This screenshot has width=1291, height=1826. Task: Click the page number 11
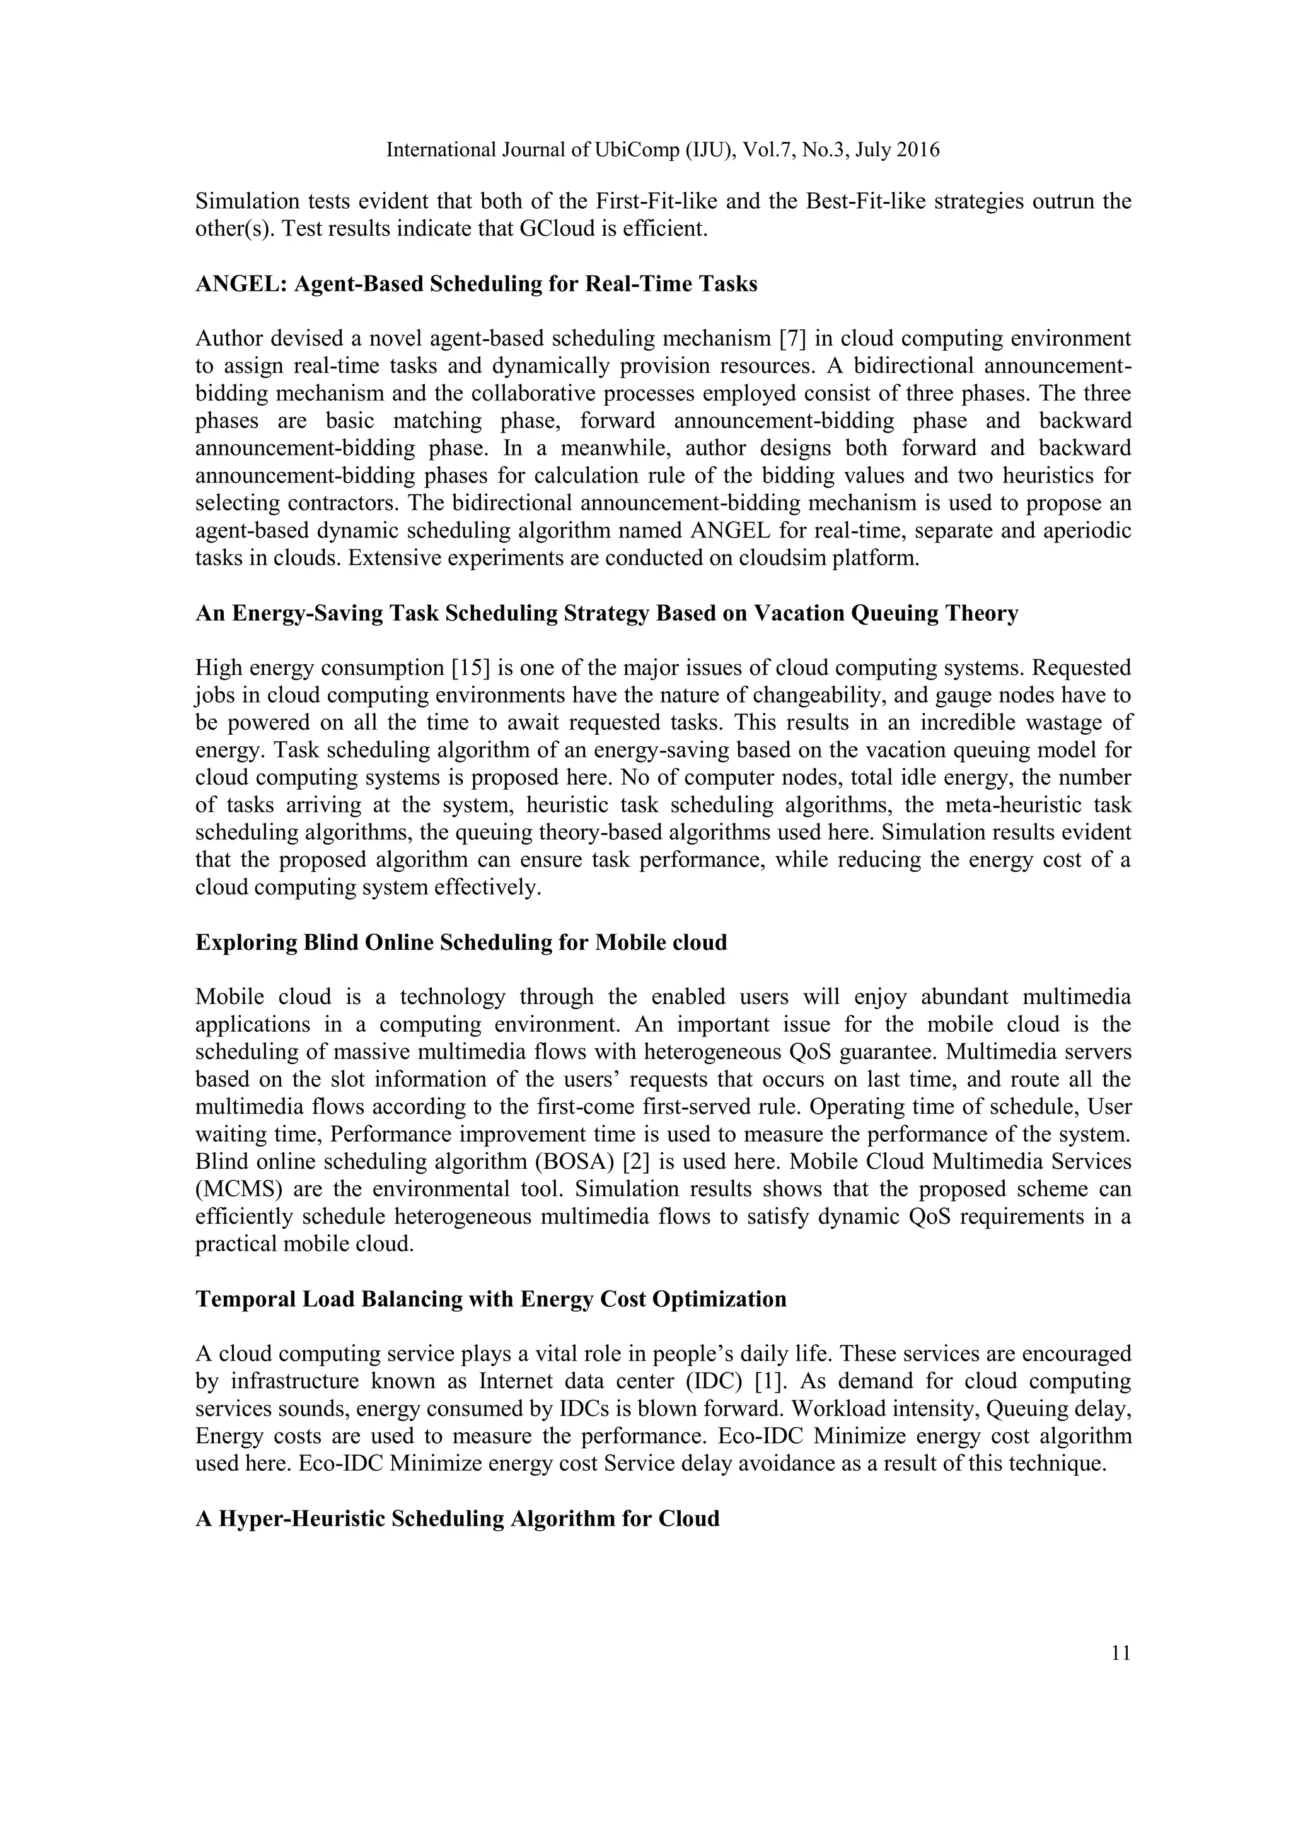click(x=1120, y=1653)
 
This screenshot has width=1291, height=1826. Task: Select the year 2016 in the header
click(x=917, y=150)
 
